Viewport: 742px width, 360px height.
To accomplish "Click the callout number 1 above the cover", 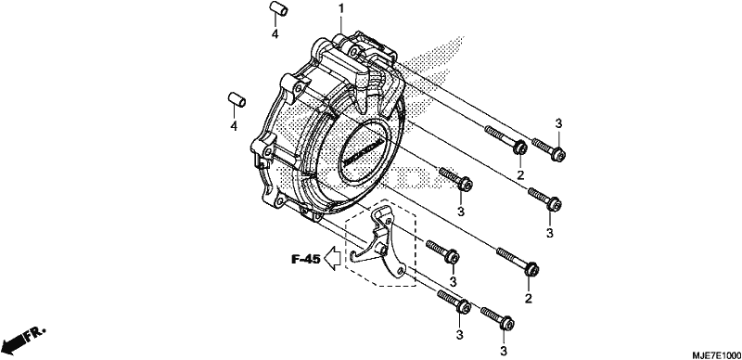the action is click(341, 8).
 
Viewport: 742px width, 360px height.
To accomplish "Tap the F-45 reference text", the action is click(306, 259).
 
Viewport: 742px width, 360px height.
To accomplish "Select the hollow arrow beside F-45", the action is click(334, 258).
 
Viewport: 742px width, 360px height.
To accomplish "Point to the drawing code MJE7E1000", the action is click(716, 355).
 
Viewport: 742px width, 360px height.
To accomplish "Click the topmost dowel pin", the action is click(279, 9).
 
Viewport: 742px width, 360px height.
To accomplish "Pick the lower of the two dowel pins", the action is click(237, 100).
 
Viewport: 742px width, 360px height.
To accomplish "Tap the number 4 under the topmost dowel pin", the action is click(275, 33).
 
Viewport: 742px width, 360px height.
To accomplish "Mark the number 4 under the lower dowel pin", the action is click(234, 126).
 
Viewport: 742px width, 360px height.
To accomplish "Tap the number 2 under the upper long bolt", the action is click(520, 175).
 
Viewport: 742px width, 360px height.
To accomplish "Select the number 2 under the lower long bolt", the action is click(528, 298).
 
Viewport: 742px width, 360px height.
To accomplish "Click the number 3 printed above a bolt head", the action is click(558, 123).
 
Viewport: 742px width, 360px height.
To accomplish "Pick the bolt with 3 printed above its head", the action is click(549, 148).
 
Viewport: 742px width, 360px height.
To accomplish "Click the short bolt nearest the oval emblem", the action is click(455, 178).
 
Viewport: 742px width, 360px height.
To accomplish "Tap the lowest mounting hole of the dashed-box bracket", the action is click(401, 271).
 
